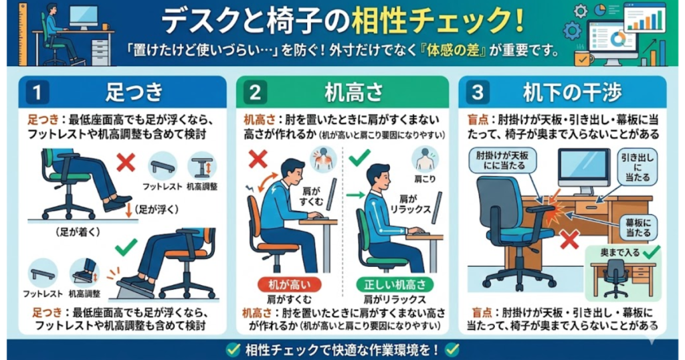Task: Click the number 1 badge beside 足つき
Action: (x=38, y=92)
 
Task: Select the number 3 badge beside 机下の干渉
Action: (x=476, y=92)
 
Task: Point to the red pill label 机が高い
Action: (x=280, y=284)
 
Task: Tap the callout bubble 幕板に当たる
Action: (x=640, y=228)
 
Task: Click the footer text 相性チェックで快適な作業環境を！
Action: (x=342, y=349)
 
